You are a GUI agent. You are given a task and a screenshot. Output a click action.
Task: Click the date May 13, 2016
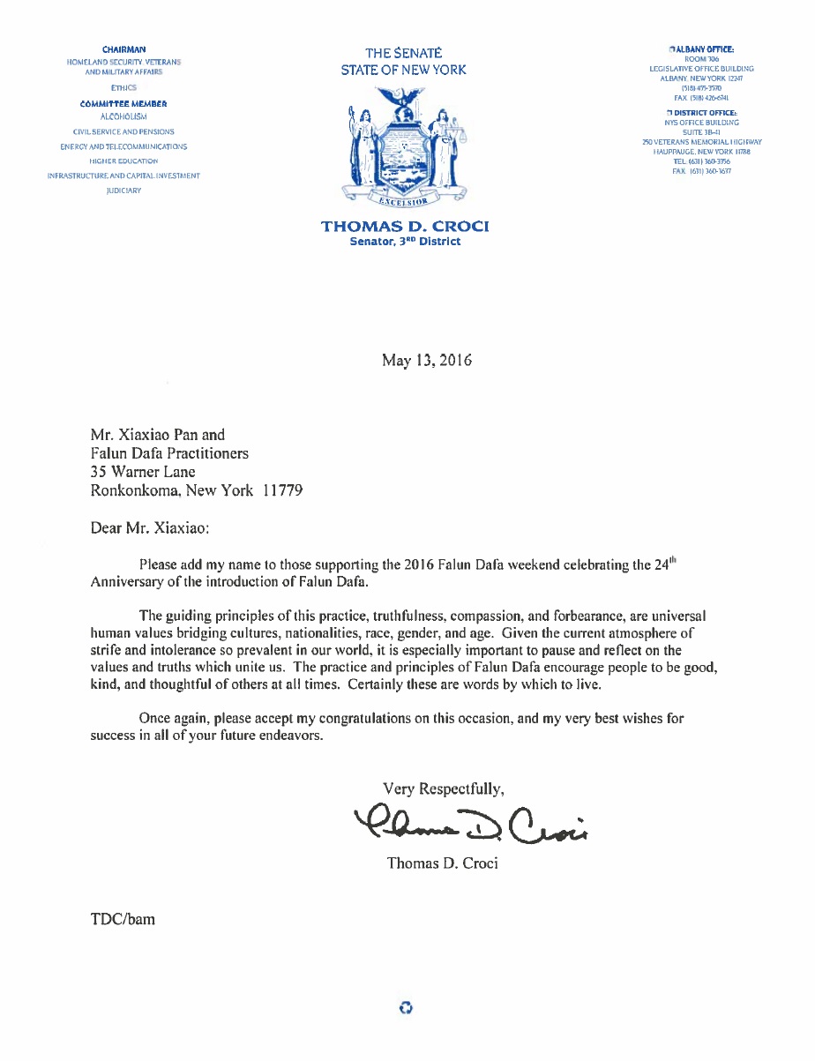pyautogui.click(x=426, y=360)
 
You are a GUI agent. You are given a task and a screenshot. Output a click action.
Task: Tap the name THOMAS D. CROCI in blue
pyautogui.click(x=405, y=227)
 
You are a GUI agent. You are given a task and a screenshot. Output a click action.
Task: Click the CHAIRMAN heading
pyautogui.click(x=123, y=49)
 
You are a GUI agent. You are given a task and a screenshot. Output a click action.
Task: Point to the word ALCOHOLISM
pyautogui.click(x=123, y=116)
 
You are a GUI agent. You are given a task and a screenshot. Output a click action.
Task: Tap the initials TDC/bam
pyautogui.click(x=123, y=918)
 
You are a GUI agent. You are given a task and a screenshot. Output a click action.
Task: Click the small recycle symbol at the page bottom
pyautogui.click(x=406, y=1007)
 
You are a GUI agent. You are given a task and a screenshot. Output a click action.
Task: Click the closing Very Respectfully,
pyautogui.click(x=444, y=788)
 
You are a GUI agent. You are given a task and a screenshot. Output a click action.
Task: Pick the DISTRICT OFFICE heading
pyautogui.click(x=703, y=114)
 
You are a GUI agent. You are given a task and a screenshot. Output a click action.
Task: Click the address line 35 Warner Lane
pyautogui.click(x=143, y=472)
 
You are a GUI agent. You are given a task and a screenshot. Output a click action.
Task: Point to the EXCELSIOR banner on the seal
pyautogui.click(x=403, y=204)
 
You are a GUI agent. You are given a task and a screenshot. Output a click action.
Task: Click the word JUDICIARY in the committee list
pyautogui.click(x=123, y=191)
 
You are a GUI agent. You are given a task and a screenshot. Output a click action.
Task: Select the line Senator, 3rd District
pyautogui.click(x=405, y=241)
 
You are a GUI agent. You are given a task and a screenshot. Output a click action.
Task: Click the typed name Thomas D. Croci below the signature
pyautogui.click(x=442, y=863)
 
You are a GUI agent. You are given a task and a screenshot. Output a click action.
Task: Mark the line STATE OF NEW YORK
pyautogui.click(x=404, y=70)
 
